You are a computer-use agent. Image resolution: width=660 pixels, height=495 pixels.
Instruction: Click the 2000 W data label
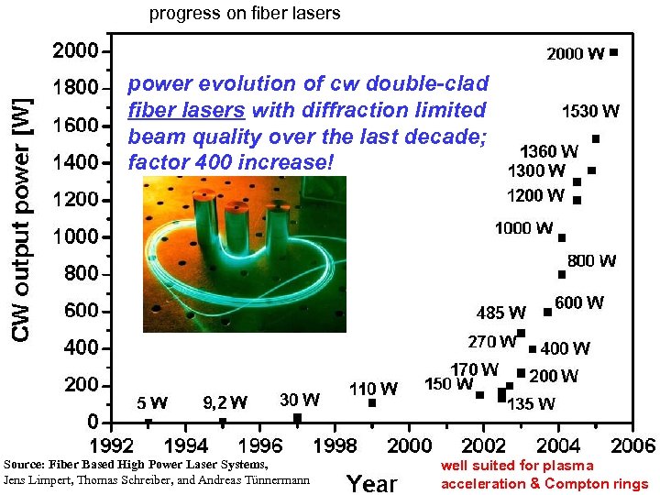575,54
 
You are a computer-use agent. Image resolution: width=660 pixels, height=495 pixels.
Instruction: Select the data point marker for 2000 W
613,52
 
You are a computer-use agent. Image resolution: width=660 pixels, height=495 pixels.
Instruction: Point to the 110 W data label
373,389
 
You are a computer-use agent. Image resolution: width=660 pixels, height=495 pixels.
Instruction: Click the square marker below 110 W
372,403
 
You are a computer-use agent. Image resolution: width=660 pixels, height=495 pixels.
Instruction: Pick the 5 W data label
152,402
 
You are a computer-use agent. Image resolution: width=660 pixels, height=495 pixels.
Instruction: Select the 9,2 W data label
225,402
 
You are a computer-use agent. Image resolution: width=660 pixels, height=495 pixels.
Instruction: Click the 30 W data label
299,400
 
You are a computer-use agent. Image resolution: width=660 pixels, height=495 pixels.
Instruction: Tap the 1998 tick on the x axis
334,445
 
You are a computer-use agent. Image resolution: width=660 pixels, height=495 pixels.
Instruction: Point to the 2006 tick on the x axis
632,445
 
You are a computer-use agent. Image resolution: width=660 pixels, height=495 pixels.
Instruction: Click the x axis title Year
372,482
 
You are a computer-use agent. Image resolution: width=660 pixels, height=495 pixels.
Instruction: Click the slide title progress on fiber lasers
245,13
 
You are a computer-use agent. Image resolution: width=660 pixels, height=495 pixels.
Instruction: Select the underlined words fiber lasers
186,110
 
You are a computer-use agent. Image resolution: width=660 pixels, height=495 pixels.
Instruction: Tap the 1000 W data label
523,228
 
